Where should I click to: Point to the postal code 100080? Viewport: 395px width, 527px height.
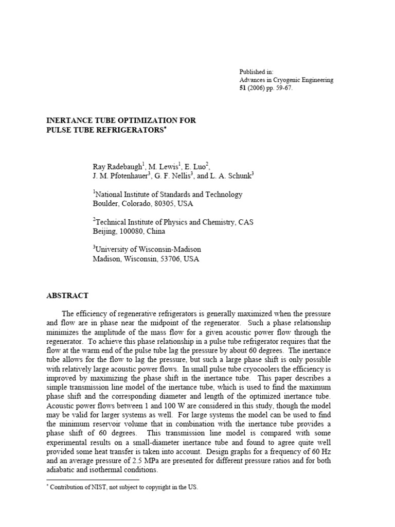(135, 232)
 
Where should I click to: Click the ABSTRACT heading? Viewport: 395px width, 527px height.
(68, 296)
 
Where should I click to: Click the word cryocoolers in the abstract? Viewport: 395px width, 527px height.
(240, 369)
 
